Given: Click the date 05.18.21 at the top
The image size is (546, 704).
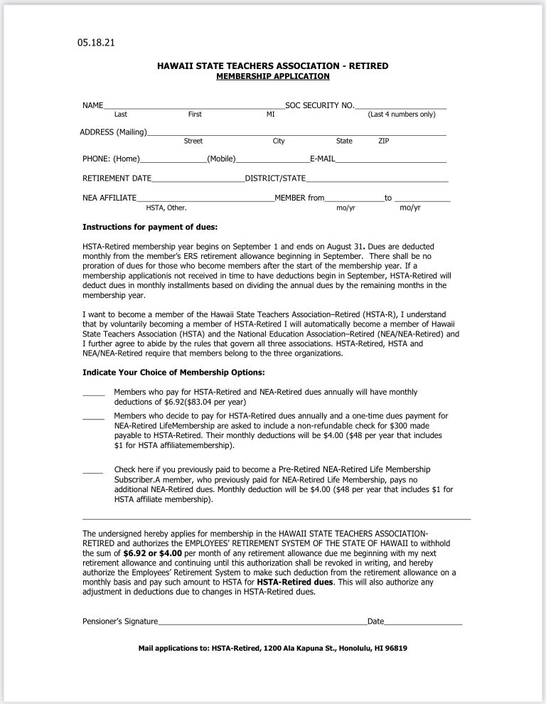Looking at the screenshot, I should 96,43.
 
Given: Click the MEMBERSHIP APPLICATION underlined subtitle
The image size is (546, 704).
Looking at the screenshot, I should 272,76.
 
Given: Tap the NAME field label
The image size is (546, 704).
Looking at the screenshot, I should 93,105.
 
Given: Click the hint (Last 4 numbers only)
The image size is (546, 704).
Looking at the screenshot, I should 401,114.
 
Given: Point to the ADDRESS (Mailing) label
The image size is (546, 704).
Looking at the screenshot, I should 113,132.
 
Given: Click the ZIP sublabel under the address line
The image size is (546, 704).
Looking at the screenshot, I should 384,141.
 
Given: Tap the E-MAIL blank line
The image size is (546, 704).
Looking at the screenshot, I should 390,159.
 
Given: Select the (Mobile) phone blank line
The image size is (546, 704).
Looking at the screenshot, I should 272,159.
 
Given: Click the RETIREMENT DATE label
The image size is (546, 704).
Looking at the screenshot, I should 117,178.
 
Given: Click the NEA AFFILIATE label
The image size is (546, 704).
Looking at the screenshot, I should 109,198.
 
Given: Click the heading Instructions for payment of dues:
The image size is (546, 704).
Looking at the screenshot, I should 150,228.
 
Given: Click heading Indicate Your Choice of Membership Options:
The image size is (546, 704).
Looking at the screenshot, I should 173,373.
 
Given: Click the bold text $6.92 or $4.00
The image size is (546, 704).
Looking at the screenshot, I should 152,552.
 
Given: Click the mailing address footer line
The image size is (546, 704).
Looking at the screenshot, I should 272,649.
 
